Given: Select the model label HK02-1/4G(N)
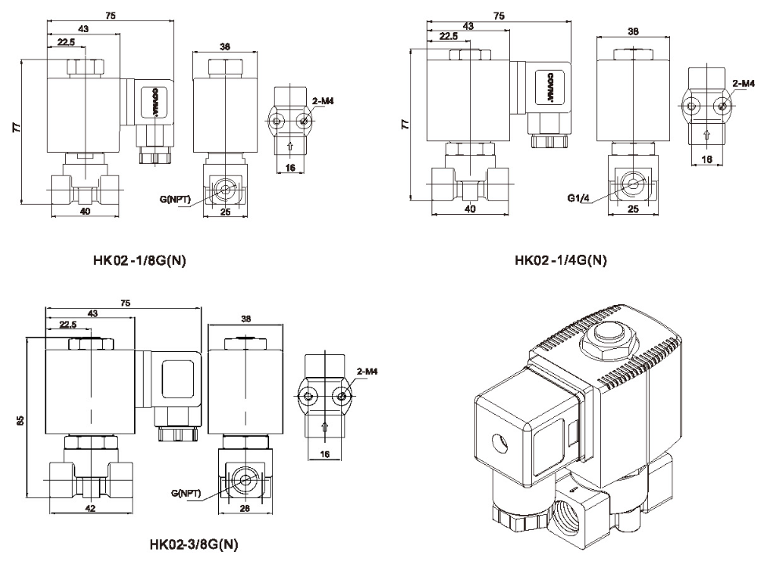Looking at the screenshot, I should [x=560, y=260].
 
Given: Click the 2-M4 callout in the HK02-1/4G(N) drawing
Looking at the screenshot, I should [x=743, y=82].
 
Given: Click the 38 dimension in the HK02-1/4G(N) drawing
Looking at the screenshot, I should [x=633, y=32].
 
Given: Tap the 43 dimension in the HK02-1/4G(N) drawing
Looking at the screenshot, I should [x=468, y=27].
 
